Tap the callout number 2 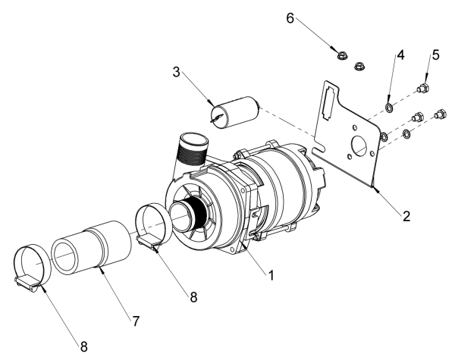[407, 216]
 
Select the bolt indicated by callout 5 [423, 90]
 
